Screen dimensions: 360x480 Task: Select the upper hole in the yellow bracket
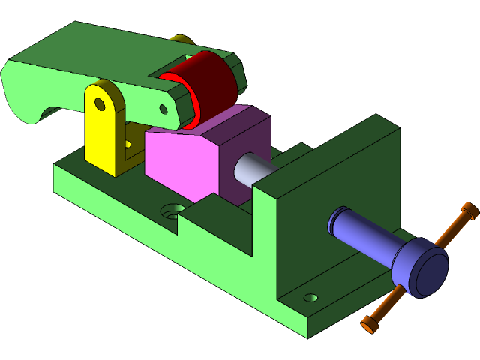pyautogui.click(x=99, y=102)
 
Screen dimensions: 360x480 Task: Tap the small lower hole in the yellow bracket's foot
pyautogui.click(x=127, y=143)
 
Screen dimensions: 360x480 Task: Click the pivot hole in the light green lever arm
pyautogui.click(x=163, y=109)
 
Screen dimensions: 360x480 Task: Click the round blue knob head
pyautogui.click(x=424, y=268)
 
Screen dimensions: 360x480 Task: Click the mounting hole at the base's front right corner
pyautogui.click(x=310, y=298)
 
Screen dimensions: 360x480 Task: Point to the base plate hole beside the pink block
pyautogui.click(x=174, y=210)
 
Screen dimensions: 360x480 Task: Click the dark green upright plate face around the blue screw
pyautogui.click(x=330, y=187)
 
